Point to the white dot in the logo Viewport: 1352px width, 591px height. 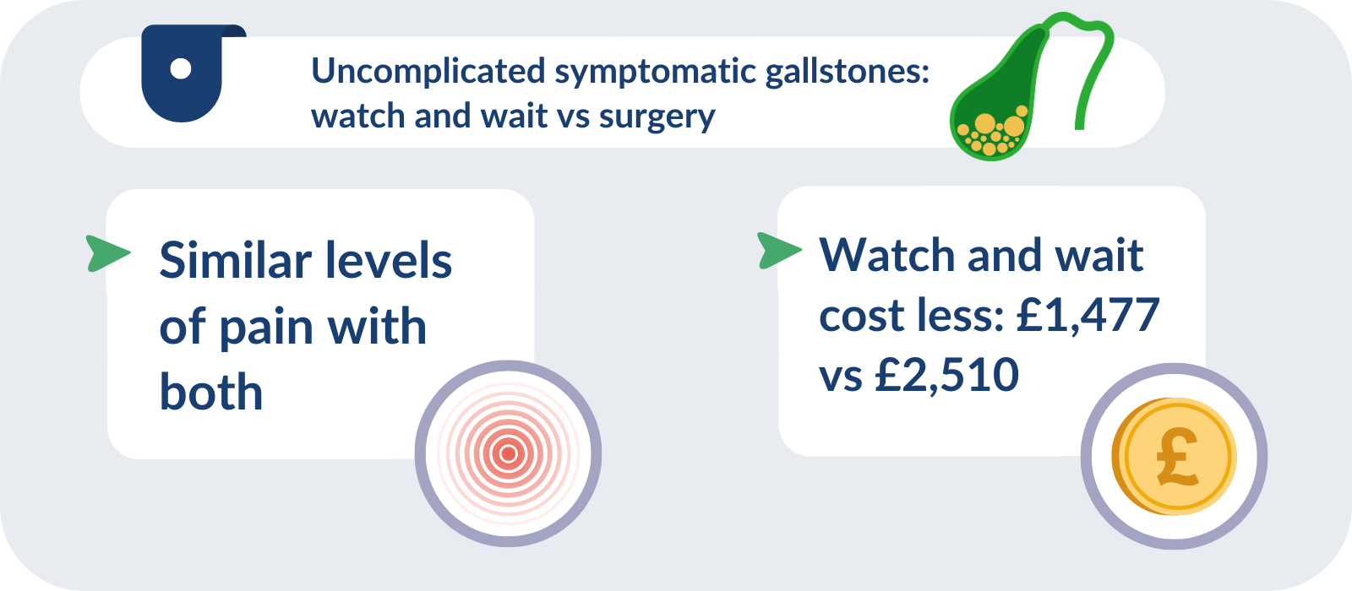tap(181, 68)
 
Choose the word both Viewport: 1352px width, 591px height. tap(211, 392)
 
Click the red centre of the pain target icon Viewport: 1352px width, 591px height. tap(508, 453)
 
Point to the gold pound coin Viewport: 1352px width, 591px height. tap(1174, 457)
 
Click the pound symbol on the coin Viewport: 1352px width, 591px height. tap(1177, 456)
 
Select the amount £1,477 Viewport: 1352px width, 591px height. tap(1088, 315)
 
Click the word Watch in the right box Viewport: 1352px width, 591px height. tap(888, 255)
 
